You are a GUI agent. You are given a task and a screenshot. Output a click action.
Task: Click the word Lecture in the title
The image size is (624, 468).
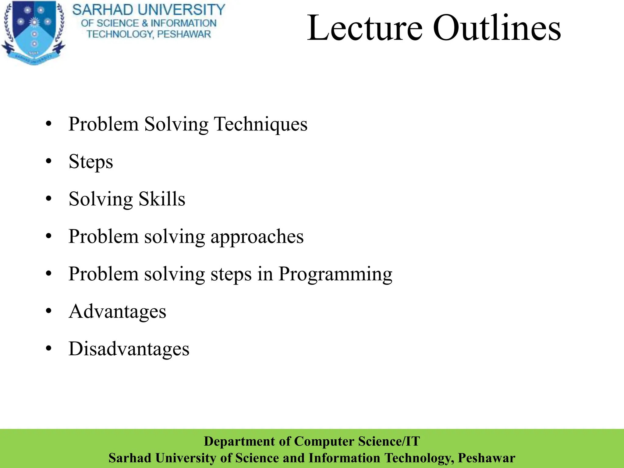point(364,28)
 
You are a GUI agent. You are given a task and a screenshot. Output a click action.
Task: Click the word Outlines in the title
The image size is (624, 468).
point(497,28)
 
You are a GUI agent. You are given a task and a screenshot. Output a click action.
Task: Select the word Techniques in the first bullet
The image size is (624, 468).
point(261,124)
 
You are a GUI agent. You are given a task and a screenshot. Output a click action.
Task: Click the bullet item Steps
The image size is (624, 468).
point(91,162)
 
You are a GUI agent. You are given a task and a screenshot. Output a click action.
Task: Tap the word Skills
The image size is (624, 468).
point(162,199)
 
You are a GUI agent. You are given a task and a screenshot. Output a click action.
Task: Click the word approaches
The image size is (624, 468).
point(257,237)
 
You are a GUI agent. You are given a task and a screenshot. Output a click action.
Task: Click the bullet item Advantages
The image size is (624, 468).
point(117,312)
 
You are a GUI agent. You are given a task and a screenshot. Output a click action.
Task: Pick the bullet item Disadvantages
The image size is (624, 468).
point(129,349)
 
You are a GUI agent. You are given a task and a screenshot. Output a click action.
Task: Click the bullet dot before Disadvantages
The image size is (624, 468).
point(49,348)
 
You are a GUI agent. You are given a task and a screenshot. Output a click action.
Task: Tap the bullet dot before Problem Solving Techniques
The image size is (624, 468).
point(49,124)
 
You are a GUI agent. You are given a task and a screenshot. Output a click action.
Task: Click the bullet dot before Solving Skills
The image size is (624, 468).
point(49,199)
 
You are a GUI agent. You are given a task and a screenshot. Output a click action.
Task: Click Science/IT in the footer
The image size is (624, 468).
point(389,441)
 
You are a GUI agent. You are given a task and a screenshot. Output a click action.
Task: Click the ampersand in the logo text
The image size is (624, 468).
point(145,23)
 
